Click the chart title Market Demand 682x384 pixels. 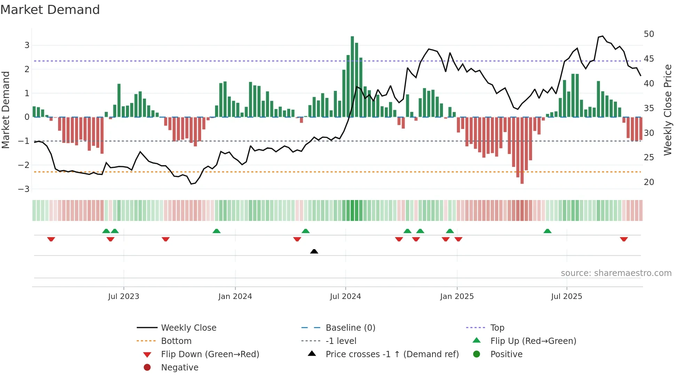(x=50, y=10)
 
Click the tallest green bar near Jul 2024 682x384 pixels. (x=352, y=77)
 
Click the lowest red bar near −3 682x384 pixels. (x=522, y=150)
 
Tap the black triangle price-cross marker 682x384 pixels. (x=314, y=251)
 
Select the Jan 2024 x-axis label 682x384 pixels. (x=235, y=297)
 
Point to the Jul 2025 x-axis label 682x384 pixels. (x=566, y=297)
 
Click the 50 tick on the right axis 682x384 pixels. (x=649, y=34)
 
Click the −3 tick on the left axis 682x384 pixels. (x=24, y=189)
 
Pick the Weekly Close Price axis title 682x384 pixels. (x=667, y=110)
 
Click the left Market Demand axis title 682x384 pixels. (x=6, y=110)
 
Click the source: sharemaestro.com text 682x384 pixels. (x=616, y=273)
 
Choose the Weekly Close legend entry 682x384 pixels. (x=188, y=328)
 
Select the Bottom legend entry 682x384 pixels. (x=176, y=341)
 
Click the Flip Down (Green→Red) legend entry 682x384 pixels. (x=210, y=354)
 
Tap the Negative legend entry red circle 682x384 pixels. (x=147, y=368)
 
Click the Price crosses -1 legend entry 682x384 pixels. (x=392, y=354)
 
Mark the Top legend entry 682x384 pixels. (x=497, y=328)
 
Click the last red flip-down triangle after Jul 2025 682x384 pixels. (x=624, y=239)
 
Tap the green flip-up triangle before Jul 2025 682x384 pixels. (x=547, y=231)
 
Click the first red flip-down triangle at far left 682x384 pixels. (x=51, y=239)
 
